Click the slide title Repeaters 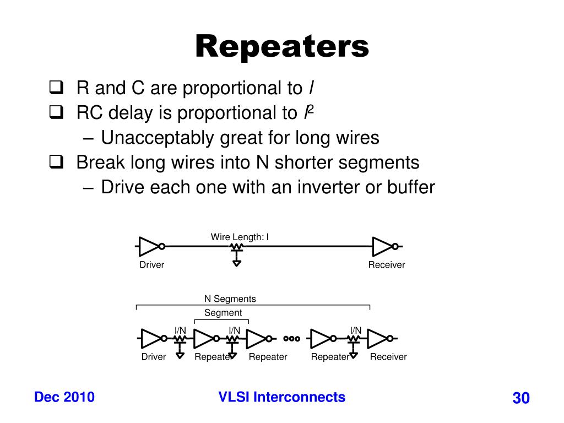pos(282,46)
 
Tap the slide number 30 pos(520,398)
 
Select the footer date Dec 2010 pos(64,397)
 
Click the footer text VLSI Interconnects pos(282,397)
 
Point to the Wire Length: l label pos(240,237)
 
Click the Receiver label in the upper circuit pos(387,265)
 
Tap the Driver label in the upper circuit pos(151,265)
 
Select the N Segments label pos(230,299)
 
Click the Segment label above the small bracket pos(223,313)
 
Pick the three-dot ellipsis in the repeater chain pos(292,339)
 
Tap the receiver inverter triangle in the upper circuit pos(382,247)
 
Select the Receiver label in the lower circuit pos(388,357)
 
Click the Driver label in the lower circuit pos(154,357)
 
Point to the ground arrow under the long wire pos(237,263)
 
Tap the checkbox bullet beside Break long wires pos(56,162)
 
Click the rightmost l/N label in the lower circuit pos(356,330)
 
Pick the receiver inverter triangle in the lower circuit pos(377,338)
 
